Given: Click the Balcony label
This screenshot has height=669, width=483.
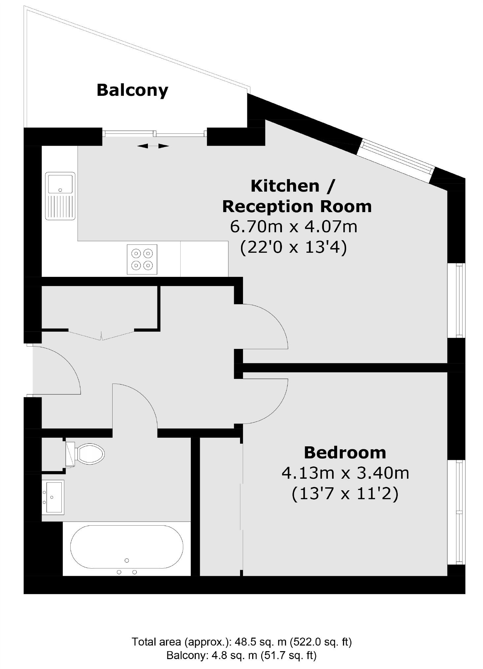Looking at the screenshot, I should (132, 90).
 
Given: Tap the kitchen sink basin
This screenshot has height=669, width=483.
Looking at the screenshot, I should (60, 184).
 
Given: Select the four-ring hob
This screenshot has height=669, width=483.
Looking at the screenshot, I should (142, 259).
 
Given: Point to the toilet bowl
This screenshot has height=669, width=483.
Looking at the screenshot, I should (90, 453).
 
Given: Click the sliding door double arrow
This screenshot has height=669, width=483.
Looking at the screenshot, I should (153, 146).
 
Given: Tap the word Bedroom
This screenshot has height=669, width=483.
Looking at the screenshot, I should (345, 453).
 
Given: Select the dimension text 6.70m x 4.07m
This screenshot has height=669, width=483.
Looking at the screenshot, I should (293, 227).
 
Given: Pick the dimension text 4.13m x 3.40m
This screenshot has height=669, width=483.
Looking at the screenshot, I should (345, 473).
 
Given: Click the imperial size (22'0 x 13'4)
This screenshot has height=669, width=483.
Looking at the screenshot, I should (293, 247).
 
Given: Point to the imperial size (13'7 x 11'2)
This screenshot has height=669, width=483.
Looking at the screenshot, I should (345, 494).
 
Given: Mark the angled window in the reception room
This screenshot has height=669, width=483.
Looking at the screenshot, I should (397, 160).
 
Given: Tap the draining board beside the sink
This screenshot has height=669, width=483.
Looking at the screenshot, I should (60, 207).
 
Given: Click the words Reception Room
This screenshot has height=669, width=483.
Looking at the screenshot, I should (297, 206).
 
